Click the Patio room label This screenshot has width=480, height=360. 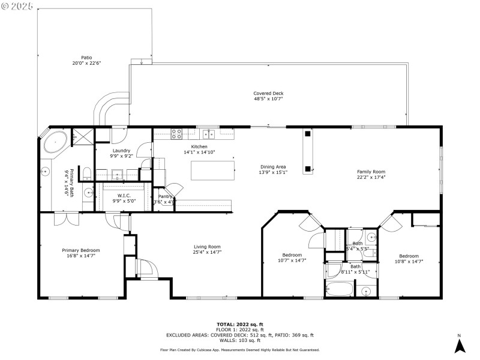click(86, 58)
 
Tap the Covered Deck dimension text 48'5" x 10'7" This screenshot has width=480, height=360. click(268, 99)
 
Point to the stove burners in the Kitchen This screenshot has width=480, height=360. click(178, 134)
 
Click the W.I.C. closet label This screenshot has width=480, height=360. click(124, 195)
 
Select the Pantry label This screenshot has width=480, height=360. click(165, 196)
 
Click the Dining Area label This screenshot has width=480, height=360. click(273, 167)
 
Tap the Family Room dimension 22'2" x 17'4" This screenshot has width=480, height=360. click(371, 177)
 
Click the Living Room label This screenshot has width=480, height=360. click(207, 247)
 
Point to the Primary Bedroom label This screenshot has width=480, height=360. click(81, 250)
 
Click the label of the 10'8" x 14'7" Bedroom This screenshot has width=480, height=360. click(409, 255)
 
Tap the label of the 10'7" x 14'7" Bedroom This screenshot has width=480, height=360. click(292, 255)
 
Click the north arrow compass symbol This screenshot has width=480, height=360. click(459, 345)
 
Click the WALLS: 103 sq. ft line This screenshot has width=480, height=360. click(240, 340)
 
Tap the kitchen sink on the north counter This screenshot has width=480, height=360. click(208, 134)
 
